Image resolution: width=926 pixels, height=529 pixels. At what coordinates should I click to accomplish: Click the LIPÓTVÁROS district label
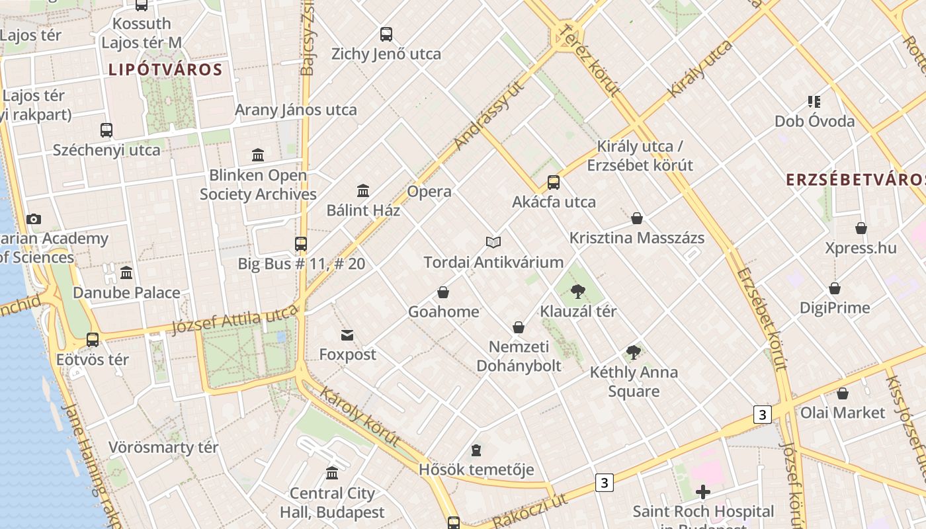(x=165, y=69)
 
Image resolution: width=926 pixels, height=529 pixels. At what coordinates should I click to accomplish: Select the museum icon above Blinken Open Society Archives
(x=258, y=155)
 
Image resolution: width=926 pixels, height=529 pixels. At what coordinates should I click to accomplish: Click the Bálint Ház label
(x=363, y=210)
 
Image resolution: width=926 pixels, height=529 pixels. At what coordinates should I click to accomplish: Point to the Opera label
(x=429, y=192)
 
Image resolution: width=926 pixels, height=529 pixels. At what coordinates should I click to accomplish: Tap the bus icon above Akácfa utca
(x=554, y=183)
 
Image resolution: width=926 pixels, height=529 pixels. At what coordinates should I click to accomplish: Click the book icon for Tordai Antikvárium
(x=493, y=243)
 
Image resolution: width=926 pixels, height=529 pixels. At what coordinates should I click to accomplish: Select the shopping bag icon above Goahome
(x=443, y=292)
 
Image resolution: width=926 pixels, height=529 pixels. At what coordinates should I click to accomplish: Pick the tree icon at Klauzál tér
(x=578, y=292)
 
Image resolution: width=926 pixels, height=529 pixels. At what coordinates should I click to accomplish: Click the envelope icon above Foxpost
(x=347, y=335)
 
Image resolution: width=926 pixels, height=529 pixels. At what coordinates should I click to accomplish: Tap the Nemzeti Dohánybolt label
(x=519, y=356)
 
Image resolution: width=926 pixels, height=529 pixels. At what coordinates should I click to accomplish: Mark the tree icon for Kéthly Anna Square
(x=634, y=352)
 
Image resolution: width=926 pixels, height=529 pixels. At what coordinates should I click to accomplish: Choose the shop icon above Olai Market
(x=843, y=393)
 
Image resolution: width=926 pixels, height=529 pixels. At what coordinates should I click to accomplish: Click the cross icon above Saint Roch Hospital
(x=703, y=492)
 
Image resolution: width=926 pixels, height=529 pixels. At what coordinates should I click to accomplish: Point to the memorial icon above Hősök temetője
(x=476, y=451)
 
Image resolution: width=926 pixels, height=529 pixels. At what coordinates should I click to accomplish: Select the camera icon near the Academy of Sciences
(x=34, y=220)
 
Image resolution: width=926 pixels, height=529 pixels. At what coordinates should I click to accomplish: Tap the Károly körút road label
(x=360, y=417)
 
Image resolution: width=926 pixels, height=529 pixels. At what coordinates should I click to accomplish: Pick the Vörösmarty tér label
(x=163, y=448)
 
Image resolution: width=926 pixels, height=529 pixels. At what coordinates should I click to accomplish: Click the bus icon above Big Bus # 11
(x=301, y=244)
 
